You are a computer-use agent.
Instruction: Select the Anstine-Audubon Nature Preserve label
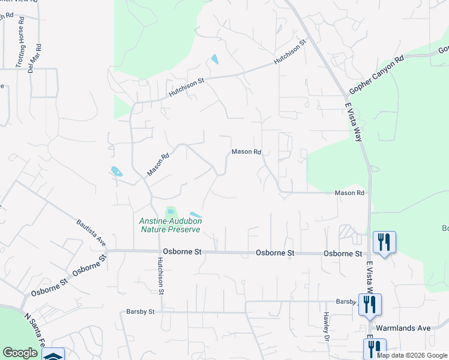[171, 225]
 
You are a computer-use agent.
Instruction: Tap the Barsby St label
[140, 311]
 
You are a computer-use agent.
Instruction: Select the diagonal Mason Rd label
[158, 164]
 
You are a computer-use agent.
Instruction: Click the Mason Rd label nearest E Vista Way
[350, 193]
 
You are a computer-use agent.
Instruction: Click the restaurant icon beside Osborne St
[382, 242]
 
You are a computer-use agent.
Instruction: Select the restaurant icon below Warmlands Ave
[374, 348]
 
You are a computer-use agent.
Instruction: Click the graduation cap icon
[52, 355]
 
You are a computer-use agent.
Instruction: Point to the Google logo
[20, 353]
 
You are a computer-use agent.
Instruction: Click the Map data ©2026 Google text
[412, 355]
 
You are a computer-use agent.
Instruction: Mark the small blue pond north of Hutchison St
[214, 59]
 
